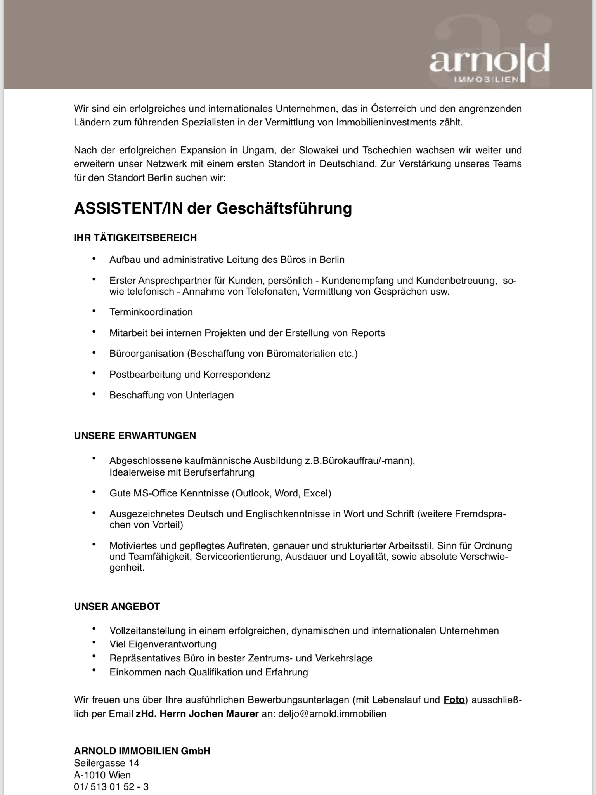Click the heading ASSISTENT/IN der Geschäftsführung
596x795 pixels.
pos(213,208)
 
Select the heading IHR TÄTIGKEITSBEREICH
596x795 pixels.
pos(135,238)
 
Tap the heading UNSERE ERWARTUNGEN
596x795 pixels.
pos(135,436)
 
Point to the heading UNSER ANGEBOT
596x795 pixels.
pos(117,606)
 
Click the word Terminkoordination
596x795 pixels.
pos(151,312)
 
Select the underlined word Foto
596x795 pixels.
pos(454,700)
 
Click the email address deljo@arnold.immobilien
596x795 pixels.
pos(332,714)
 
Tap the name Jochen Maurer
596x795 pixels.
pos(223,714)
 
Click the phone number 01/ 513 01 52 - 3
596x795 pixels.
pos(111,787)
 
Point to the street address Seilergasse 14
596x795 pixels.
pos(106,763)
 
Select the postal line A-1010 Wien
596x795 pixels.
pos(102,775)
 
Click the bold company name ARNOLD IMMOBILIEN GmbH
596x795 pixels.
pos(142,751)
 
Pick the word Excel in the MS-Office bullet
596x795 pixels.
pos(317,493)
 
